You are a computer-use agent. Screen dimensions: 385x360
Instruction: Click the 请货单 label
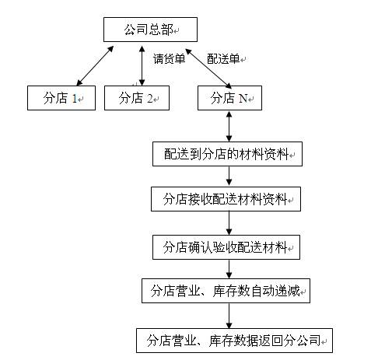(169, 59)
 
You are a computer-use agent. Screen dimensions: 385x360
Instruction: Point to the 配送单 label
(223, 59)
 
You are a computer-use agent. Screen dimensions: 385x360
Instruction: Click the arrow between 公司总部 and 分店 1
(95, 66)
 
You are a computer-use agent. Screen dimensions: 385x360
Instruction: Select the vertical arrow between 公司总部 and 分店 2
(142, 66)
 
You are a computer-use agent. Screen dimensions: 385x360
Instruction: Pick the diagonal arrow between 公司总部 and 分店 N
(208, 68)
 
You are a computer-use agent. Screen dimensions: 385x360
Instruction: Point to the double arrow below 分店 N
(229, 127)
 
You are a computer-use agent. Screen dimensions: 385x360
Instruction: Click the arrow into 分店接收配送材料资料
(229, 177)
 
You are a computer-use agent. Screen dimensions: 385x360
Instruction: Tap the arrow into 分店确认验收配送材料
(229, 223)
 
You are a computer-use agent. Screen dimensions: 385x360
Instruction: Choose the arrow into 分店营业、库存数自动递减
(229, 269)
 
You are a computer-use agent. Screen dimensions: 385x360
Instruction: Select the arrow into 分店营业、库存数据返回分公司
(229, 316)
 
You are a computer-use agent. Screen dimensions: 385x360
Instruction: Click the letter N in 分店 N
(243, 99)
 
